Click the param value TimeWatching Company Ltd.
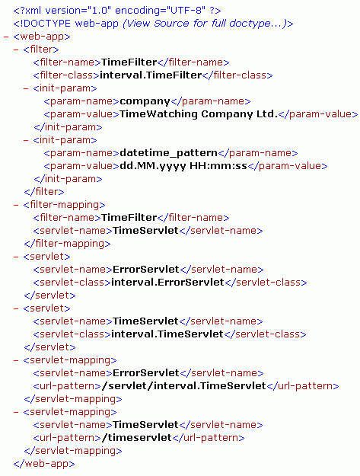tap(199, 113)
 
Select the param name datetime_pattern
tap(169, 152)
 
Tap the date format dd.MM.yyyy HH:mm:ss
tap(183, 166)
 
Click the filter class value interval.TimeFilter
tap(151, 75)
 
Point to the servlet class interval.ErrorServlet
tap(167, 282)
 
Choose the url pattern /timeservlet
tap(136, 437)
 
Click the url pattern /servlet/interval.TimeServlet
tap(183, 386)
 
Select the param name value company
tap(145, 101)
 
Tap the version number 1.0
tap(99, 11)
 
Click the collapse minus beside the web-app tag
tap(6, 37)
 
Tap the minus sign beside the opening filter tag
tap(16, 50)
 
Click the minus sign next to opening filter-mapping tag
tap(16, 205)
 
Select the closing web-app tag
tap(44, 464)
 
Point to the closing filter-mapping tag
tap(67, 244)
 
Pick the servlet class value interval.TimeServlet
tap(167, 334)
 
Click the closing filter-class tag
tap(237, 75)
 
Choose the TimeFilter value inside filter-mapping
tap(129, 217)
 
